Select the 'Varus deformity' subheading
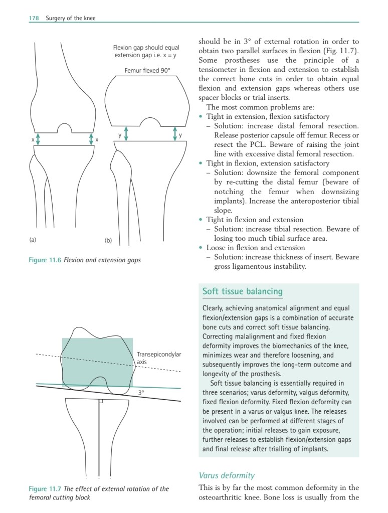tap(227, 475)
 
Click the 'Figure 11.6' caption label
tap(45, 260)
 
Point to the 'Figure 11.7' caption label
tap(45, 489)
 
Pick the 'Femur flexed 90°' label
tap(148, 71)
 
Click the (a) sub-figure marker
tap(33, 240)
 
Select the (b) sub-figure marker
tap(108, 241)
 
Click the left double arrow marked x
tap(38, 138)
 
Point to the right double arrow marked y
tap(175, 133)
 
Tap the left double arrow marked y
tap(126, 133)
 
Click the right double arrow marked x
tap(91, 138)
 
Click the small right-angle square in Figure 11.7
tap(101, 401)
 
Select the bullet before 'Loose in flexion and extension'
tap(201, 248)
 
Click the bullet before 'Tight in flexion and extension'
tap(201, 220)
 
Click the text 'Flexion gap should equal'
tap(146, 48)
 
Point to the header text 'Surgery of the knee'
tap(70, 19)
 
